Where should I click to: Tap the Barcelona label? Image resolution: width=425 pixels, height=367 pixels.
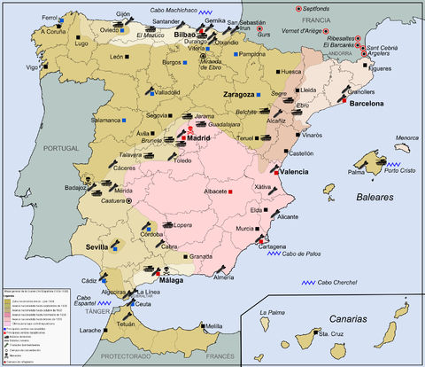click(x=365, y=104)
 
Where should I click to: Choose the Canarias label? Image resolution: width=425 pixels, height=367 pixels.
click(x=338, y=317)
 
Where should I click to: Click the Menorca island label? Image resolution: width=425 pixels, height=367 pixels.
click(x=406, y=138)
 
